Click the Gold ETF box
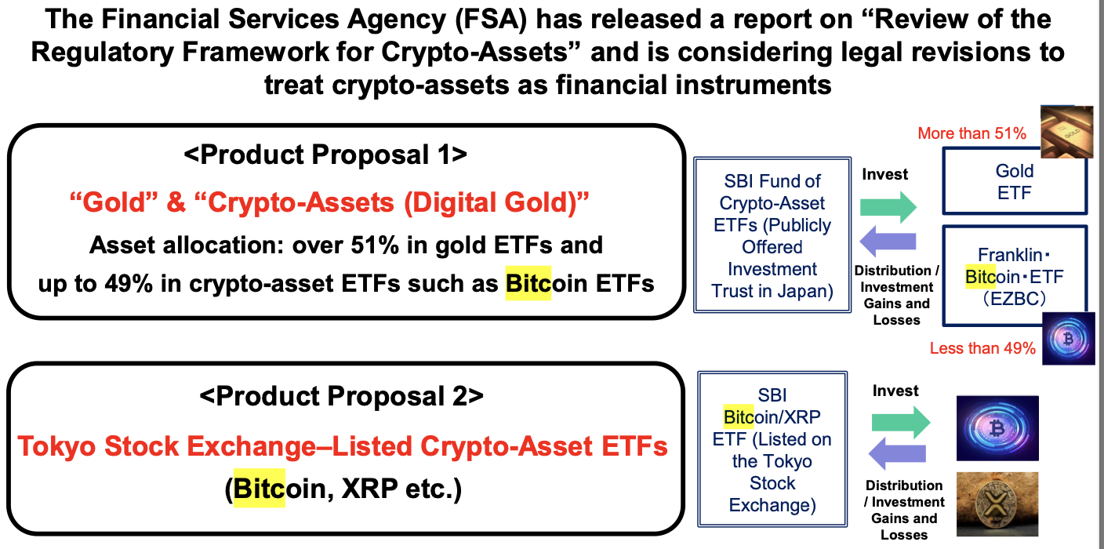[x=1015, y=181]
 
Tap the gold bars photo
[x=1066, y=132]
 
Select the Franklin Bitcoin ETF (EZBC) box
[x=1015, y=276]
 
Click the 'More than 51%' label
[x=971, y=133]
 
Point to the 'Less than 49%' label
[x=982, y=348]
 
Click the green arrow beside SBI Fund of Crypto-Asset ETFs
[x=888, y=207]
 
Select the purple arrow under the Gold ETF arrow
[x=888, y=242]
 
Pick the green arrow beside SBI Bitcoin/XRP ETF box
[x=901, y=423]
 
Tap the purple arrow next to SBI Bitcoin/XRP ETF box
[x=897, y=453]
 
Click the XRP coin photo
[x=997, y=504]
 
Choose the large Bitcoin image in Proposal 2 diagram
[x=997, y=427]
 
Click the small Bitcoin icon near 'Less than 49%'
[x=1068, y=339]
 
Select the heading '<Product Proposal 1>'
[x=325, y=155]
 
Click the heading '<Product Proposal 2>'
[x=341, y=396]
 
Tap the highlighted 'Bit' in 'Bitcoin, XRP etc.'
[x=260, y=489]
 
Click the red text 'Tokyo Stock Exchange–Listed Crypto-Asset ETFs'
[x=343, y=446]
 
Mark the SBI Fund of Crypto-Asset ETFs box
[x=772, y=235]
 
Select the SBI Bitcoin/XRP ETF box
[x=772, y=449]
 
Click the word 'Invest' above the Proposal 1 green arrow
[x=884, y=174]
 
